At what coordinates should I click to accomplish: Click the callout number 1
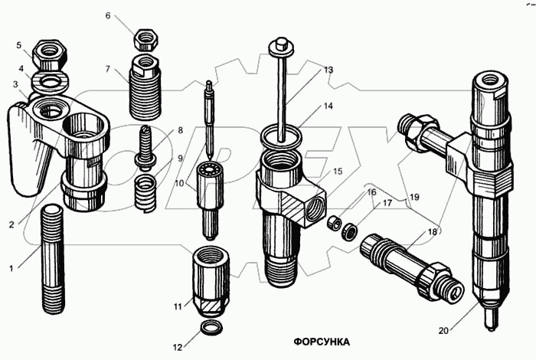point(11,268)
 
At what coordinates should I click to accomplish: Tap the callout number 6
point(108,15)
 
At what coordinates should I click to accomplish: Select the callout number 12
point(178,347)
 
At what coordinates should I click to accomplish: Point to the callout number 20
point(443,331)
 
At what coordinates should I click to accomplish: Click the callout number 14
point(328,106)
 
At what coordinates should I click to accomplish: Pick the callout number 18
point(433,232)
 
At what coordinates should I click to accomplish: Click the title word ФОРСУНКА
point(322,342)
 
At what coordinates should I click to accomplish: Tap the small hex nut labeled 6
point(146,39)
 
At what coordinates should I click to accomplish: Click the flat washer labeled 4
point(51,82)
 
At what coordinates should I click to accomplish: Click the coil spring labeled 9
point(145,193)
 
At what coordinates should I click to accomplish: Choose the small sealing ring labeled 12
point(211,327)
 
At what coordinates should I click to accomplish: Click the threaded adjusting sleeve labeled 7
point(145,87)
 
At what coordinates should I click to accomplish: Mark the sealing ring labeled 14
point(281,137)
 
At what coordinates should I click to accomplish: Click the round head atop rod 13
point(281,48)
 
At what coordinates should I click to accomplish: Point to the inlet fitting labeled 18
point(412,267)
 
